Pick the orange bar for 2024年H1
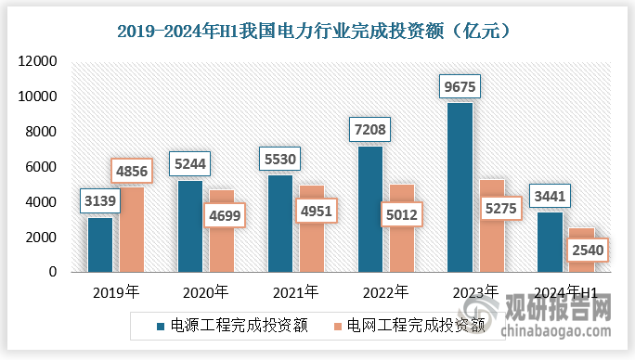(x=580, y=251)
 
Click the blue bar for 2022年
(x=370, y=209)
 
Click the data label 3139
(x=100, y=201)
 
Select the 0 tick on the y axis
(x=54, y=273)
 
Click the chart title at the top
(x=317, y=31)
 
